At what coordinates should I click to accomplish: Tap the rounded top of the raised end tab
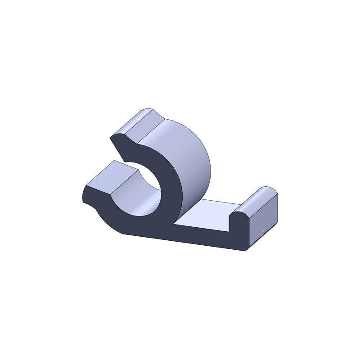click(261, 194)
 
